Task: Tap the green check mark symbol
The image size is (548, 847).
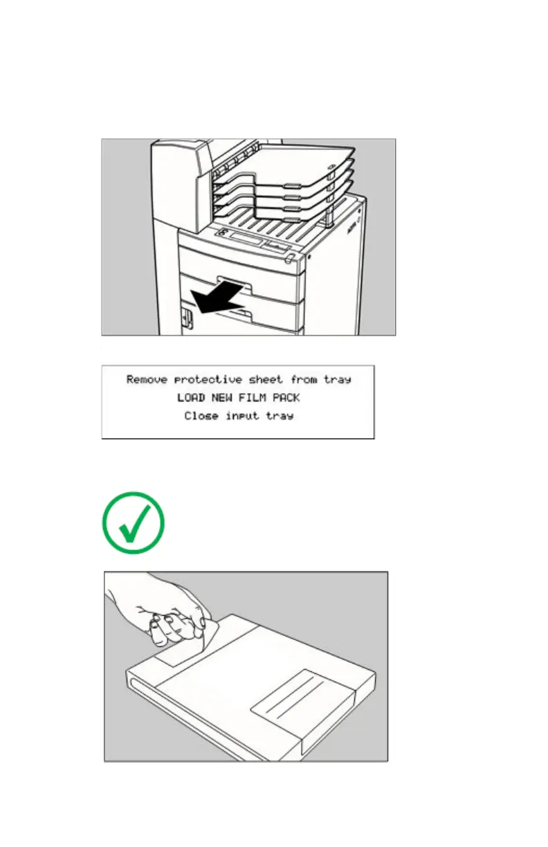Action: (x=133, y=522)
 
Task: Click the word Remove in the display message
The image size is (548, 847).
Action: (x=147, y=379)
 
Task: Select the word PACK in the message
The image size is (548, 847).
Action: (x=284, y=398)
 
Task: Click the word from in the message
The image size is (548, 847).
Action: (x=302, y=379)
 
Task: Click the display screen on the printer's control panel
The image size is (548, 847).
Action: (x=246, y=242)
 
